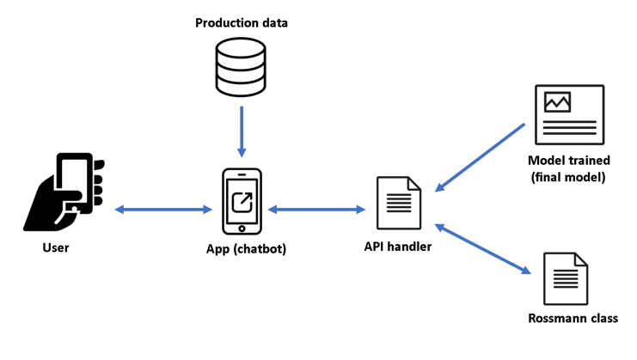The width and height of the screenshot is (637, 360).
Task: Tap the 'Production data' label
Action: [x=241, y=22]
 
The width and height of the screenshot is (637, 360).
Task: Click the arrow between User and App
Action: [x=163, y=209]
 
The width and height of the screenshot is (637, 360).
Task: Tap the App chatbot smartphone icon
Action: [x=242, y=201]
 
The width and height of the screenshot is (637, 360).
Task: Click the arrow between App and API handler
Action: [x=316, y=209]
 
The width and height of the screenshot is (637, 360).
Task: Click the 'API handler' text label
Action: [x=397, y=247]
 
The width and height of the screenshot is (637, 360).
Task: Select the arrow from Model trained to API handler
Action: [x=481, y=156]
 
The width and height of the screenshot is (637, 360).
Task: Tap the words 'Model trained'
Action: [x=570, y=161]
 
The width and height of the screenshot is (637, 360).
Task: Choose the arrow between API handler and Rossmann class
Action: [x=482, y=250]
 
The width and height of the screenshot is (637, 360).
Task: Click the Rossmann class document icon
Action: [x=566, y=278]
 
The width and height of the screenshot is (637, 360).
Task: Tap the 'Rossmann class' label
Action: [x=572, y=319]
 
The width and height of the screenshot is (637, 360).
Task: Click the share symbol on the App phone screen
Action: [x=242, y=200]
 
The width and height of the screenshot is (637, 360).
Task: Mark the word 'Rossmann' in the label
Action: [x=555, y=319]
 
